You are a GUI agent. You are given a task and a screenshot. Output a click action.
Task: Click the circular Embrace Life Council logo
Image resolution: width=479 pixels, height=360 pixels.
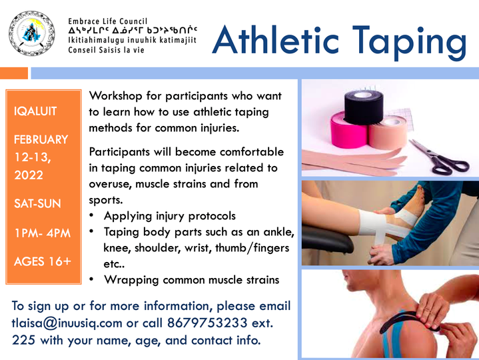click(x=32, y=33)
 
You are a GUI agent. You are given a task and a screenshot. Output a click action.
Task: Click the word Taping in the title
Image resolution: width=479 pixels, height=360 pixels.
click(x=409, y=41)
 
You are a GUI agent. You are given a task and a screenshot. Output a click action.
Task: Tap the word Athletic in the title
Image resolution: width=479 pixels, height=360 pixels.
click(x=276, y=40)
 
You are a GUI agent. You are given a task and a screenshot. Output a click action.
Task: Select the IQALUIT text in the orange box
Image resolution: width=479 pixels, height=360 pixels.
click(x=35, y=111)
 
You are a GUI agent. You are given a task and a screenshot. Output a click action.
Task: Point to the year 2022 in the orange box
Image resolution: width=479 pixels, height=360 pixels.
click(x=29, y=175)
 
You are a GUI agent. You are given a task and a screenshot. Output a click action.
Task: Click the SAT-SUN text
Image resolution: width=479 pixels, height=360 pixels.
click(x=37, y=203)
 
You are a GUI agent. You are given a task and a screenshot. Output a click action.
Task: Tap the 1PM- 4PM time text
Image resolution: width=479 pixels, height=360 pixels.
click(x=43, y=233)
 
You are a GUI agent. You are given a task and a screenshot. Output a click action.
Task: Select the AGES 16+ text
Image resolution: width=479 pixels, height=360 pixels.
click(x=43, y=261)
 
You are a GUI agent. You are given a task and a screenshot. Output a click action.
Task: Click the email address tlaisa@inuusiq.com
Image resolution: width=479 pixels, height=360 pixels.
click(x=67, y=323)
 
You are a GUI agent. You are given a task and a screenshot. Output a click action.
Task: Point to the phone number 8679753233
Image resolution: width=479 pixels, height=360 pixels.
click(x=207, y=323)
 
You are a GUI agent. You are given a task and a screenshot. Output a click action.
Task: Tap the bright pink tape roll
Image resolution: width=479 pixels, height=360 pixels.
click(x=349, y=130)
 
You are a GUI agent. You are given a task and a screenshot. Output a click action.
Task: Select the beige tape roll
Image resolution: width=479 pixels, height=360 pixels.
click(x=388, y=133)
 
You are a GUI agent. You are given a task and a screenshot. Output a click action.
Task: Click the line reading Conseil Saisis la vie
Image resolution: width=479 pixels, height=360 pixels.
click(x=106, y=50)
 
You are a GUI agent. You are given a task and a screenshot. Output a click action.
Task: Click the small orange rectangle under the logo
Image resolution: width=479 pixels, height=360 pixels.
click(x=14, y=73)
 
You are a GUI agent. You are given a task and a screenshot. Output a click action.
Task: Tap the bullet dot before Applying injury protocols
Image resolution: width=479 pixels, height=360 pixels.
click(x=91, y=215)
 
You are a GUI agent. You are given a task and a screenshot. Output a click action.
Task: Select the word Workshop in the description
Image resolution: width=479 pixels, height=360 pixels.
click(x=116, y=96)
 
